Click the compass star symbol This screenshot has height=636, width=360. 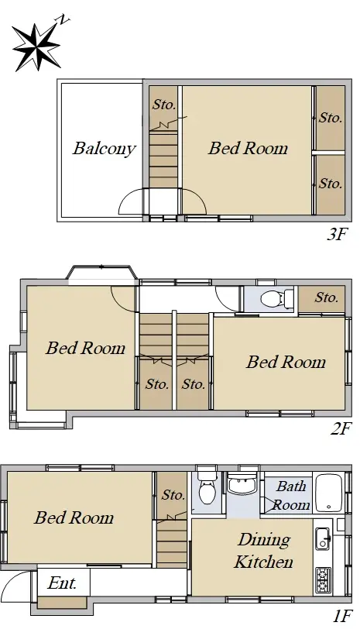(36, 46)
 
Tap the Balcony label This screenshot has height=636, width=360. (105, 149)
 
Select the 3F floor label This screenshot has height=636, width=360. (338, 235)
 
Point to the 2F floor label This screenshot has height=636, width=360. (341, 428)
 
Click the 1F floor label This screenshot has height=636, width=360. (342, 617)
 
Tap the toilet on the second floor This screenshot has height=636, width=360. (277, 298)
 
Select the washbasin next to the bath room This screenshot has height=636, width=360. (242, 483)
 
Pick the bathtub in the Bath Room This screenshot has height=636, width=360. (330, 493)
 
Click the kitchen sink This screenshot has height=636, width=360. (323, 538)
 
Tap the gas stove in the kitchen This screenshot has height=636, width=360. (323, 581)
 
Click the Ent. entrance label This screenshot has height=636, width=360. (62, 583)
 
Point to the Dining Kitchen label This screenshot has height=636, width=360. (263, 551)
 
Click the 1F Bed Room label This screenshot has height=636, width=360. (74, 517)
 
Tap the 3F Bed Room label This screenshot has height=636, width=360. (248, 148)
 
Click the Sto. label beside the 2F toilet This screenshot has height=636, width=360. (327, 297)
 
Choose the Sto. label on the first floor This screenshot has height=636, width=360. (173, 494)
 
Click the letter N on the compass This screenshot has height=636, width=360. (63, 19)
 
